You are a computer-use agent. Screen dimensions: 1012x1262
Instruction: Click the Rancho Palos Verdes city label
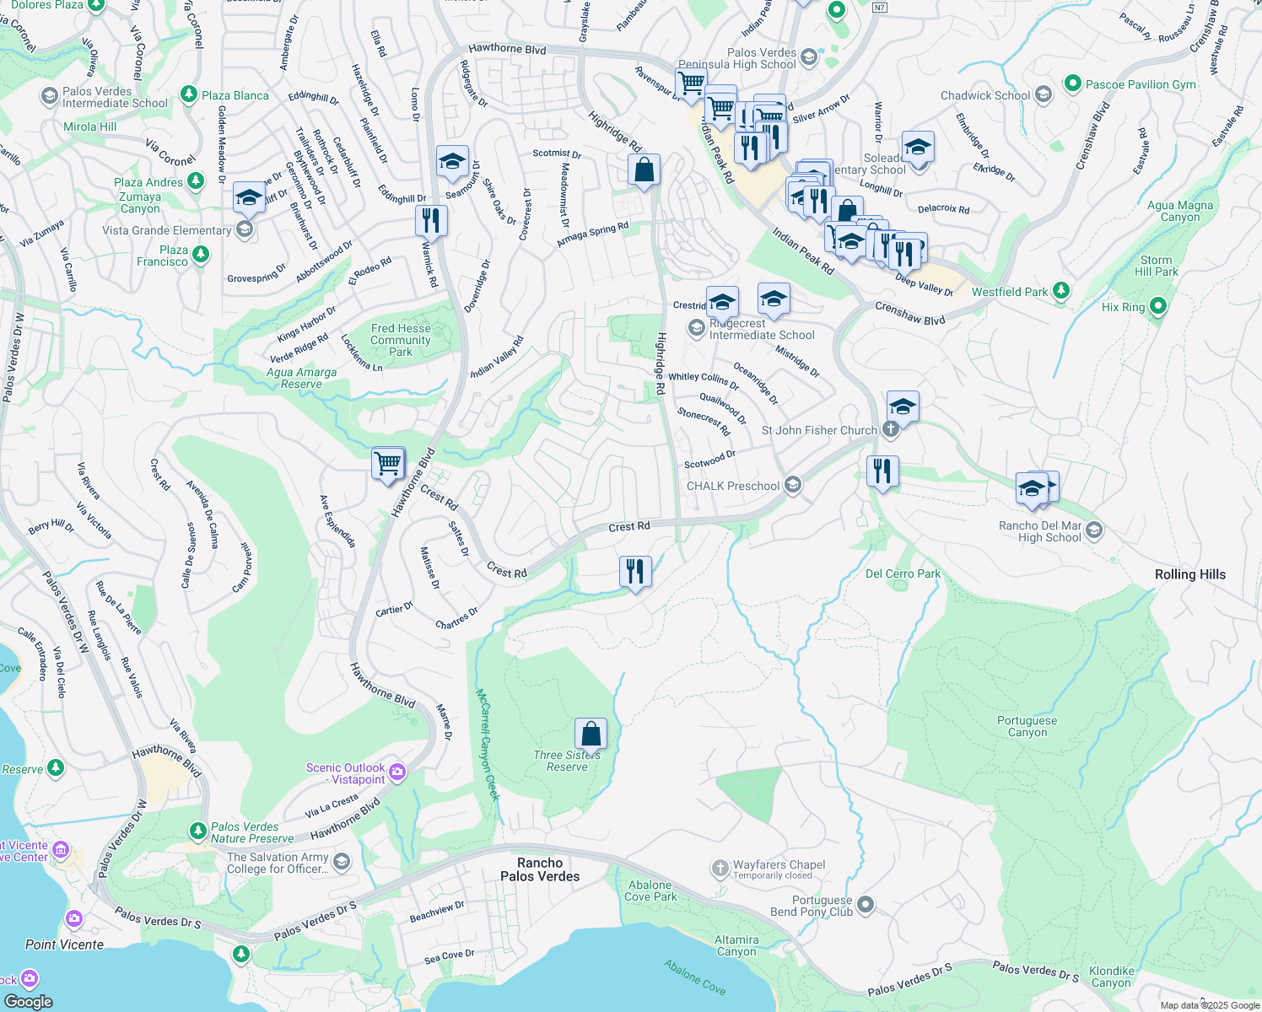[x=540, y=869]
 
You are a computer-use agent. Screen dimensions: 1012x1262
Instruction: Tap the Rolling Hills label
[x=1189, y=574]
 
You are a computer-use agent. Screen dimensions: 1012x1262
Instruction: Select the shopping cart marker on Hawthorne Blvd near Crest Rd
[x=388, y=463]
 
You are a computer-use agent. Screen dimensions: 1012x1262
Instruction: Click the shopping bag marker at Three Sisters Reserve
[x=591, y=734]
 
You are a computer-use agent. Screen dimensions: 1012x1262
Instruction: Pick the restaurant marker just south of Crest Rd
[x=634, y=572]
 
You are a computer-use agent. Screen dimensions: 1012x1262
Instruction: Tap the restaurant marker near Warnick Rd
[x=431, y=221]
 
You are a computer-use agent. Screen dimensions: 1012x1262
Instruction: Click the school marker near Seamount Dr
[x=452, y=161]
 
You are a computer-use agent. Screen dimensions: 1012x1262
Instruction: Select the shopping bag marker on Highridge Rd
[x=644, y=170]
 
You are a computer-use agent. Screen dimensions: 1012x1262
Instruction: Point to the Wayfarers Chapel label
[x=779, y=864]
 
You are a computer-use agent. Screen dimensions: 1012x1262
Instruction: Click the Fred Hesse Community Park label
[x=401, y=340]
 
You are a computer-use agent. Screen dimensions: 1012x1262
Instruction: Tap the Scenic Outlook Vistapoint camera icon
[x=397, y=772]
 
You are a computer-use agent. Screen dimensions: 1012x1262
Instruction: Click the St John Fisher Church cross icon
[x=890, y=430]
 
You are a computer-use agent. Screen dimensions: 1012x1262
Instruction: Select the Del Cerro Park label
[x=903, y=573]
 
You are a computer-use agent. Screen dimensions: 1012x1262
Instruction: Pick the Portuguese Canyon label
[x=1027, y=726]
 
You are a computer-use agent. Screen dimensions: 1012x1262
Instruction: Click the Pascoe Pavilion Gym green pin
[x=1072, y=83]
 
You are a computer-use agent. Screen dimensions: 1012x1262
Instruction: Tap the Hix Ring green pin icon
[x=1157, y=307]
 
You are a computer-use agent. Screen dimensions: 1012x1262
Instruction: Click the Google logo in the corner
[x=29, y=1001]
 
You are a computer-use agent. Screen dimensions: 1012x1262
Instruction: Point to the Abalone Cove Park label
[x=651, y=891]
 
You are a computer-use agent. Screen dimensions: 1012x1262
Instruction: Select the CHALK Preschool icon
[x=792, y=485]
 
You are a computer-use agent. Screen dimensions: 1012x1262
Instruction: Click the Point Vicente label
[x=64, y=945]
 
